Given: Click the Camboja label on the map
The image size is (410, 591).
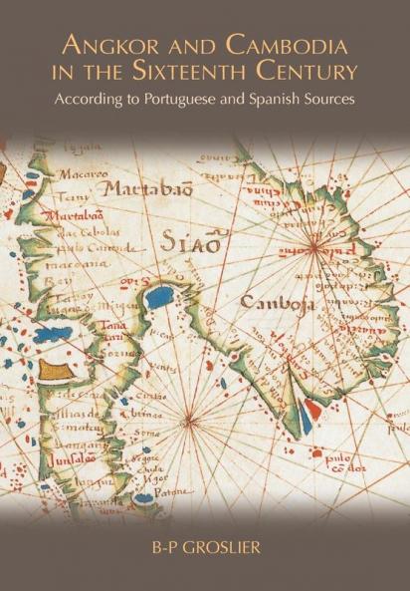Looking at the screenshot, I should point(272,302).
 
